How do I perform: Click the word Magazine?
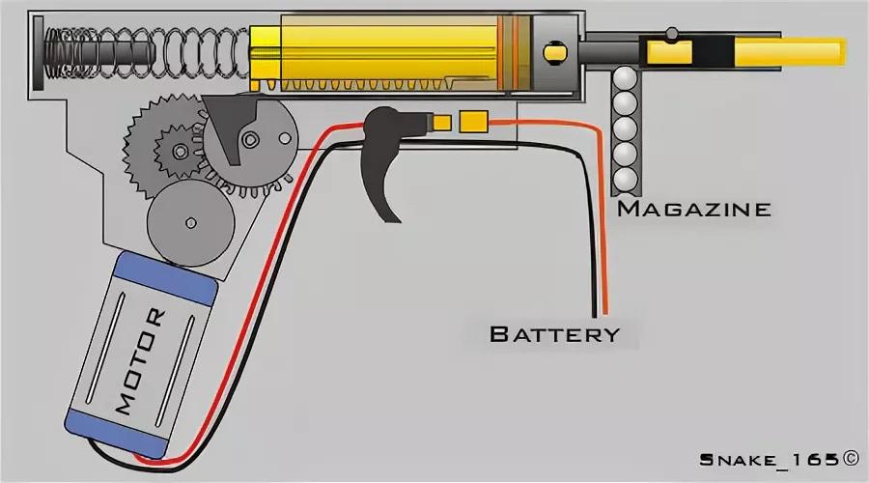coord(692,208)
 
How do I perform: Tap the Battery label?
coord(553,334)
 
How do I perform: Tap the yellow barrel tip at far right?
coord(835,47)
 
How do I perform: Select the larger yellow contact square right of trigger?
coord(473,122)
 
